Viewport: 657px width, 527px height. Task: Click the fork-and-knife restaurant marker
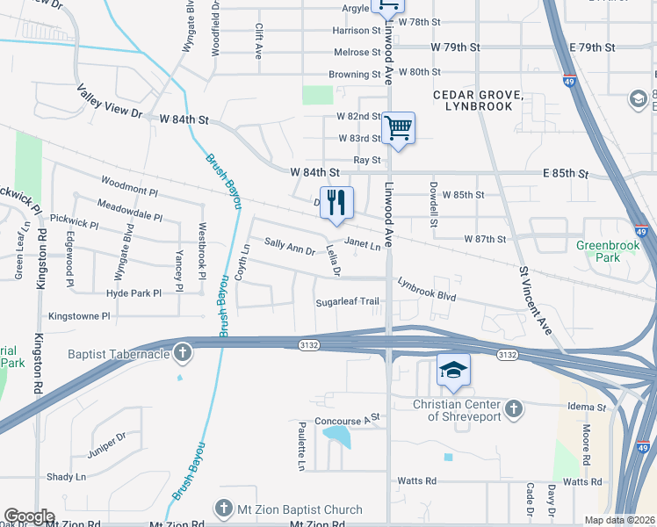click(336, 203)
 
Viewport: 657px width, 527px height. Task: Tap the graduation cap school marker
click(452, 371)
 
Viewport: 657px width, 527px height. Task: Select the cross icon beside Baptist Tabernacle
click(183, 354)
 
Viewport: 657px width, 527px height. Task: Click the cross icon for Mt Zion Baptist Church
click(224, 509)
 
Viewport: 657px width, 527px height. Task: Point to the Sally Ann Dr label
click(290, 248)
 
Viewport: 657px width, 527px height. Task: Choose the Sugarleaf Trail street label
click(348, 302)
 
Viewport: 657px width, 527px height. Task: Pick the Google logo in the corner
click(29, 516)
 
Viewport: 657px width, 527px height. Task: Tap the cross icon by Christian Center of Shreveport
click(514, 408)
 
